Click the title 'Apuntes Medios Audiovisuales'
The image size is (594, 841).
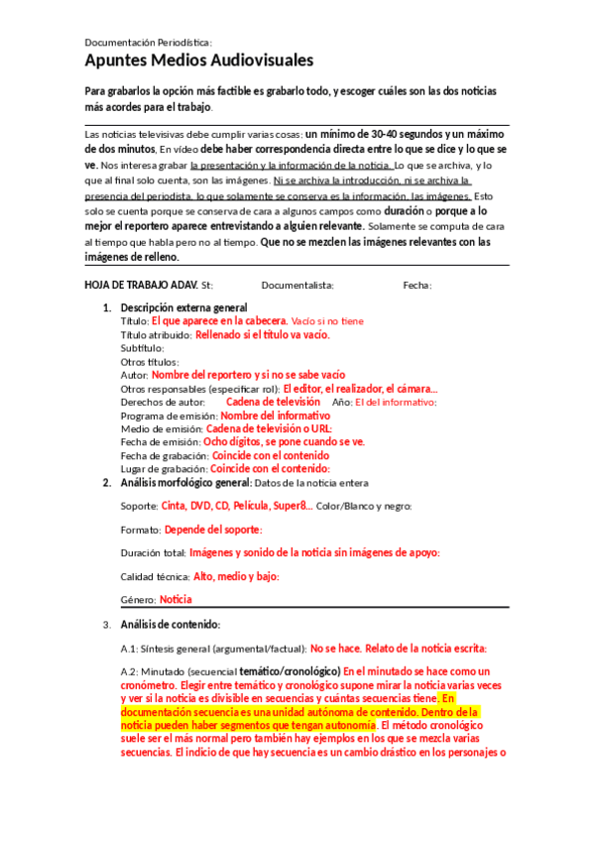198,61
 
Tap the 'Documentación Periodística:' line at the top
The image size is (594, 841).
149,43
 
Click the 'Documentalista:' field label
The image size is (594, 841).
297,286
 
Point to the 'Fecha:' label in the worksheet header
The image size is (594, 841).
417,286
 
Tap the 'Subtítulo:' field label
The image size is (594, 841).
142,348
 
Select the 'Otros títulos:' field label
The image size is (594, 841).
148,362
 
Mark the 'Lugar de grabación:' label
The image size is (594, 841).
164,468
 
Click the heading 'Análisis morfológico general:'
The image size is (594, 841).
185,483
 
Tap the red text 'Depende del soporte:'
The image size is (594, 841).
212,530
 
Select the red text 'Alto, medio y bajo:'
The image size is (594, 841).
236,576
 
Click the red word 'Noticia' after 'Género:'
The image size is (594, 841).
176,599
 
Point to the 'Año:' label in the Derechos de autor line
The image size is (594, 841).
341,402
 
